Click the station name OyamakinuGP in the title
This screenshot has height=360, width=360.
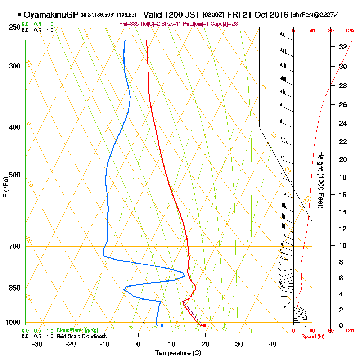[x=51, y=15]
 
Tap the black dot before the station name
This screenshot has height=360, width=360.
[x=19, y=15]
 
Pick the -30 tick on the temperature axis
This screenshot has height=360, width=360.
[x=37, y=344]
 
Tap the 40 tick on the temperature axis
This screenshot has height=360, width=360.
[x=273, y=344]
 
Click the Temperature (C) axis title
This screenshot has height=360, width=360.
[x=177, y=353]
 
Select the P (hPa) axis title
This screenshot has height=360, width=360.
[x=5, y=187]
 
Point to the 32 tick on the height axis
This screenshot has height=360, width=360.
[x=343, y=46]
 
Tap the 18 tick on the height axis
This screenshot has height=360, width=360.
[x=343, y=177]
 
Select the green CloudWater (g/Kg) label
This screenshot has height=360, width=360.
[x=77, y=330]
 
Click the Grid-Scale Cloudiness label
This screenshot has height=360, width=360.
[x=81, y=336]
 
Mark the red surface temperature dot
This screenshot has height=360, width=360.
[x=204, y=325]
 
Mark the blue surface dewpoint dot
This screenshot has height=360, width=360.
[x=162, y=325]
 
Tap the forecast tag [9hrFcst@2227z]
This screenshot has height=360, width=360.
[x=315, y=15]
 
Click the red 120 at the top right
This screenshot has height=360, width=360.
[x=349, y=31]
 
